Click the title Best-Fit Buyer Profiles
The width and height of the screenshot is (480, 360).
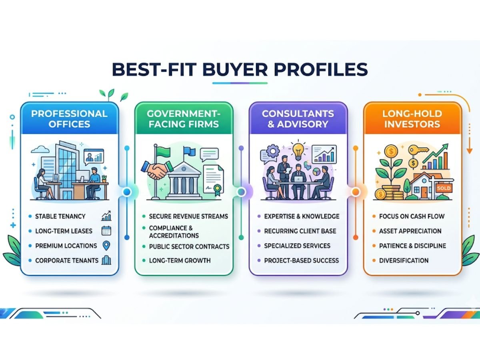pyautogui.click(x=240, y=68)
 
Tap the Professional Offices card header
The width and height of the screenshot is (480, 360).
pyautogui.click(x=69, y=118)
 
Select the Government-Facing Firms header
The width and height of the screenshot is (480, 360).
pyautogui.click(x=184, y=118)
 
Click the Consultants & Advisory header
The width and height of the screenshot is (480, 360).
pyautogui.click(x=298, y=118)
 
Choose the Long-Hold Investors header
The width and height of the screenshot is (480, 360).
pyautogui.click(x=412, y=118)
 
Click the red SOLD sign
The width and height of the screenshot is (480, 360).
pyautogui.click(x=444, y=188)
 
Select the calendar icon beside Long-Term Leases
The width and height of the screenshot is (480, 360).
pyautogui.click(x=106, y=231)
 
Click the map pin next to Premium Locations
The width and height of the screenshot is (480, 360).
pyautogui.click(x=106, y=246)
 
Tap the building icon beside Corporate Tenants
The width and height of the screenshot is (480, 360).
pyautogui.click(x=106, y=260)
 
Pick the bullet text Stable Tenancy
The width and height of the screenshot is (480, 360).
pyautogui.click(x=60, y=216)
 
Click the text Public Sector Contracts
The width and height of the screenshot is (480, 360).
pyautogui.click(x=189, y=246)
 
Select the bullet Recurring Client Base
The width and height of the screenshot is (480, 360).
pyautogui.click(x=300, y=231)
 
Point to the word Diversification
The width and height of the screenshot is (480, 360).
pyautogui.click(x=404, y=260)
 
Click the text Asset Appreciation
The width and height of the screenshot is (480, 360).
pyautogui.click(x=410, y=231)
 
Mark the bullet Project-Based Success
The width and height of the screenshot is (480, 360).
pyautogui.click(x=301, y=260)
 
